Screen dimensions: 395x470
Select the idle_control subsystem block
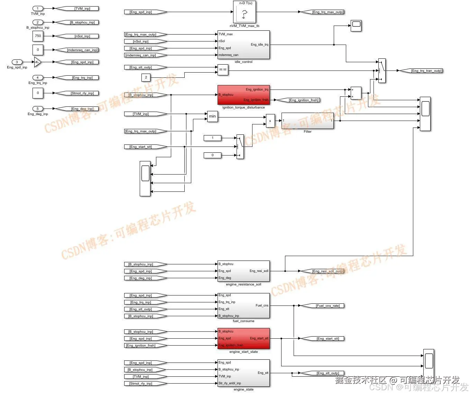click(x=243, y=45)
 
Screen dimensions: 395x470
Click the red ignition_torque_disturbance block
click(x=243, y=95)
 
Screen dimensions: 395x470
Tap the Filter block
click(x=307, y=121)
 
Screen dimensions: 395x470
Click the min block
click(x=212, y=116)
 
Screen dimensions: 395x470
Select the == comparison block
click(x=223, y=69)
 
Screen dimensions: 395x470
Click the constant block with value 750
click(x=38, y=36)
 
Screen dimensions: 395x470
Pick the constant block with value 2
click(x=146, y=77)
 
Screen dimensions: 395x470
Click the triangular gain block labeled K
click(x=37, y=62)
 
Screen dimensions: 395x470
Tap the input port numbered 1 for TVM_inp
click(x=38, y=8)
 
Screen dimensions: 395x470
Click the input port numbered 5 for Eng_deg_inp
click(x=38, y=109)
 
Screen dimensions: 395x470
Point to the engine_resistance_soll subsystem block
click(x=243, y=271)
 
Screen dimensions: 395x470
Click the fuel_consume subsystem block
click(x=243, y=305)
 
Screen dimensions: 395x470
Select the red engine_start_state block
click(x=243, y=338)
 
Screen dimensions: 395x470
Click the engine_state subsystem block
click(x=243, y=373)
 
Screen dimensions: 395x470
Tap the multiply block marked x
click(x=270, y=121)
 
